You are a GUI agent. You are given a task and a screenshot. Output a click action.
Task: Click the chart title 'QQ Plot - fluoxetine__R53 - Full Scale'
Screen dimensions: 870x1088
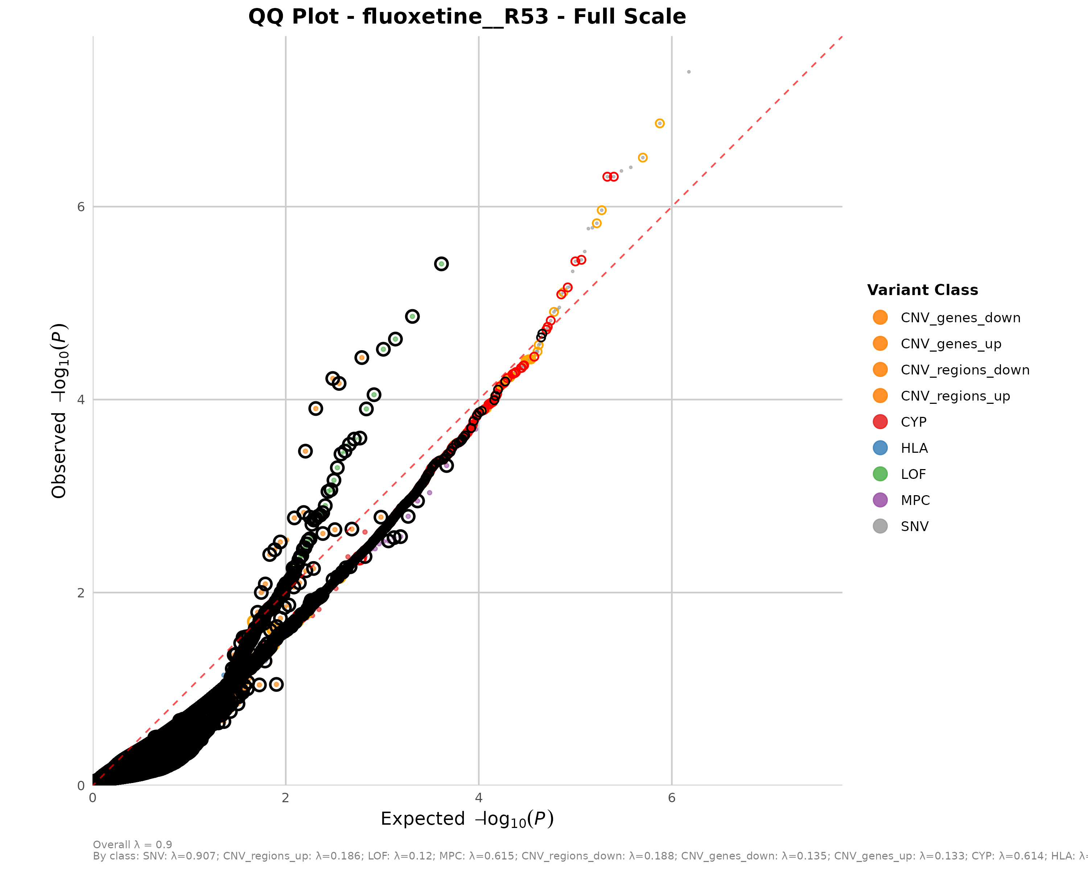coord(467,17)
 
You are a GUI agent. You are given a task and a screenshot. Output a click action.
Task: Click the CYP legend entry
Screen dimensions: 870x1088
coord(914,422)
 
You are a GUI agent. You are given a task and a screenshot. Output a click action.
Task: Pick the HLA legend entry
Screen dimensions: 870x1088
coord(914,448)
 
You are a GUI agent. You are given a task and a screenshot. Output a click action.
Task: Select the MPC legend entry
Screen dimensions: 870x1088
coord(915,500)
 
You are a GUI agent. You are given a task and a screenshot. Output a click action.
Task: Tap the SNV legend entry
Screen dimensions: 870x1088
coord(914,527)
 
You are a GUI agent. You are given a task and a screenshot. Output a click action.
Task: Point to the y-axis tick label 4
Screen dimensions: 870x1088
coord(81,400)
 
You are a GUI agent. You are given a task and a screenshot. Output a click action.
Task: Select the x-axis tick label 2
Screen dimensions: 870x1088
coord(286,798)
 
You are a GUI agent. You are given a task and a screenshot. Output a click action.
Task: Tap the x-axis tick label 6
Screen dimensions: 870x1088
coord(672,798)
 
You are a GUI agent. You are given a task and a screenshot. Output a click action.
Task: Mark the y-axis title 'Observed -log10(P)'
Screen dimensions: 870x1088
coord(59,411)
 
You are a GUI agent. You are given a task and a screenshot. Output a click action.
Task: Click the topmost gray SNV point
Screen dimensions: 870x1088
coord(689,72)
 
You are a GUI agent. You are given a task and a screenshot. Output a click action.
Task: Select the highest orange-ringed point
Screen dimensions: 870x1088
coord(660,124)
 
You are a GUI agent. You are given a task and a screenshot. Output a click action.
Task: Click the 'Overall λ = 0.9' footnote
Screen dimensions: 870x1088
coord(132,845)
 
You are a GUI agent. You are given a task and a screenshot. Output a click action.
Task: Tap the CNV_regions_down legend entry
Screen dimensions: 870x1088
coord(965,370)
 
